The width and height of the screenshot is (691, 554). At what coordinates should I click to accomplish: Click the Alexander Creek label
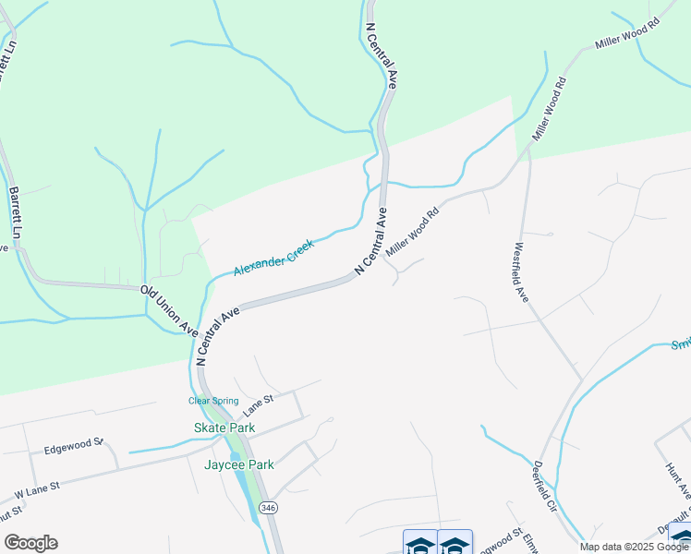273,258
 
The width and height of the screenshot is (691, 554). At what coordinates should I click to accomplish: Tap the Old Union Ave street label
169,310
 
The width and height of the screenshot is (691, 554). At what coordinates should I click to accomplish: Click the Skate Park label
224,428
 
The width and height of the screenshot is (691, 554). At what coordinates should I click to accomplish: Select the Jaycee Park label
238,464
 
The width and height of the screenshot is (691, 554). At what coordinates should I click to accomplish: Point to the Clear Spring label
213,401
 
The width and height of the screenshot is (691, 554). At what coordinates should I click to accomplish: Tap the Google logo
30,543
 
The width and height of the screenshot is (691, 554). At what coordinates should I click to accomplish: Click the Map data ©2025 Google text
634,547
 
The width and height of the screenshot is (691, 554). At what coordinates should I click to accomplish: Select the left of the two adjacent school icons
419,543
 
